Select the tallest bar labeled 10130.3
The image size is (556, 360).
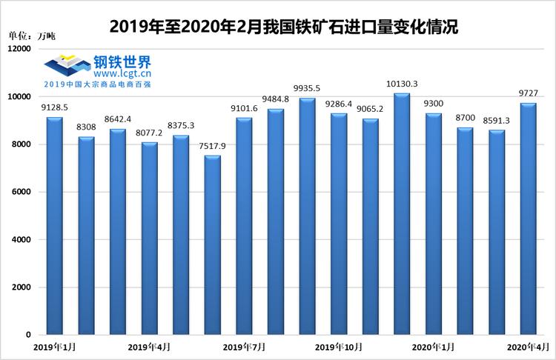[402, 215]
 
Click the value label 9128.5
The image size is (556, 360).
[54, 107]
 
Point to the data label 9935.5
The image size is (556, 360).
[307, 87]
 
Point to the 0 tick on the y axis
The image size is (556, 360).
[27, 335]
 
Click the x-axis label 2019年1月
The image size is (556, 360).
[54, 347]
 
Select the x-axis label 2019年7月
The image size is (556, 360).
[244, 347]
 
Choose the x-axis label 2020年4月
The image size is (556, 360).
[528, 347]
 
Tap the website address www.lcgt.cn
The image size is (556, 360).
[123, 73]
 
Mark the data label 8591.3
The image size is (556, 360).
[497, 119]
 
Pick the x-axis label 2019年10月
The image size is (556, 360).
[339, 347]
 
